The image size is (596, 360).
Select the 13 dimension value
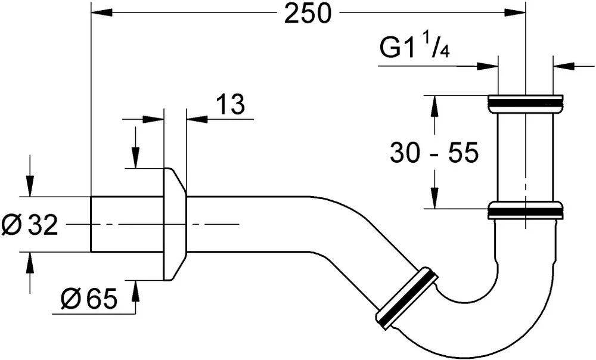[229, 104]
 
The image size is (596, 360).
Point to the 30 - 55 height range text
[434, 153]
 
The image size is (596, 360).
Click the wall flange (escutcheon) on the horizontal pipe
[174, 224]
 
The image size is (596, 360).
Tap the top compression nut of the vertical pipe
[525, 103]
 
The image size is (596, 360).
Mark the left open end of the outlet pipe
[92, 224]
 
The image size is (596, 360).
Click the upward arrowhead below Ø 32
[29, 262]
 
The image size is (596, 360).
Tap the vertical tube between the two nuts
[525, 157]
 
